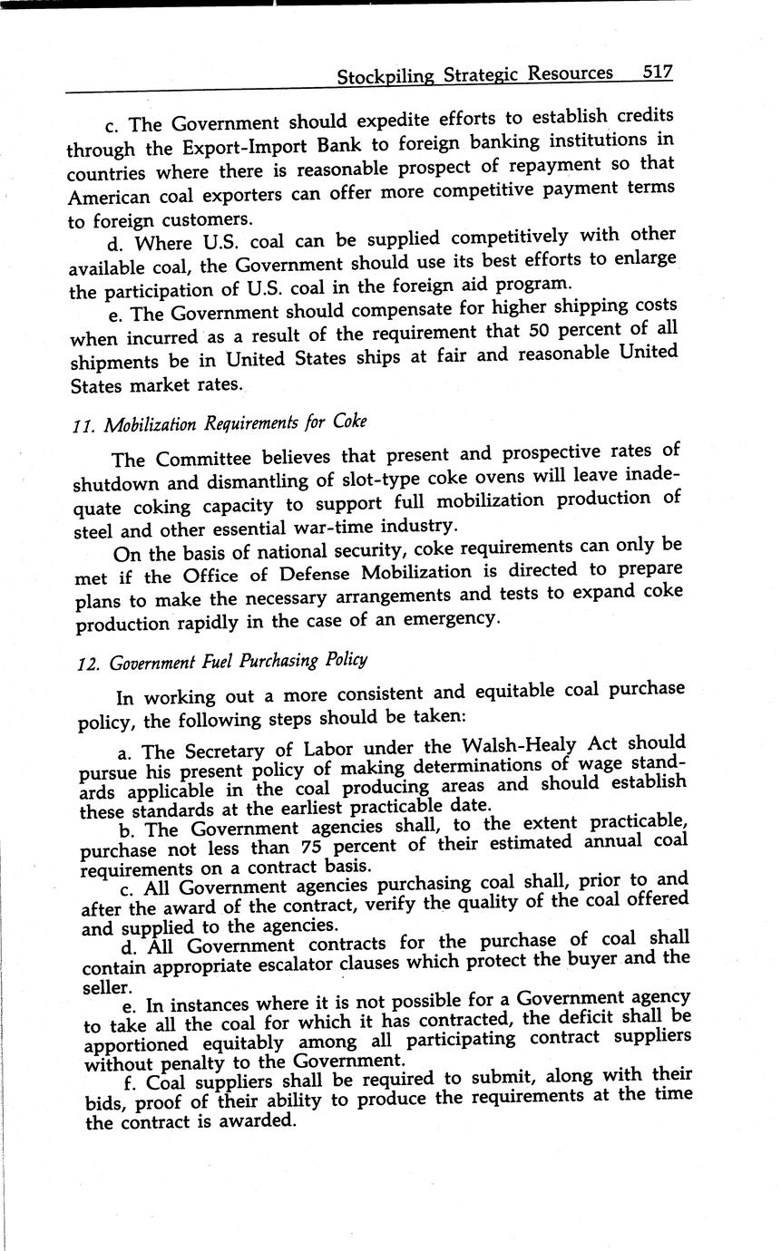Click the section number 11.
pyautogui.click(x=83, y=425)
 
